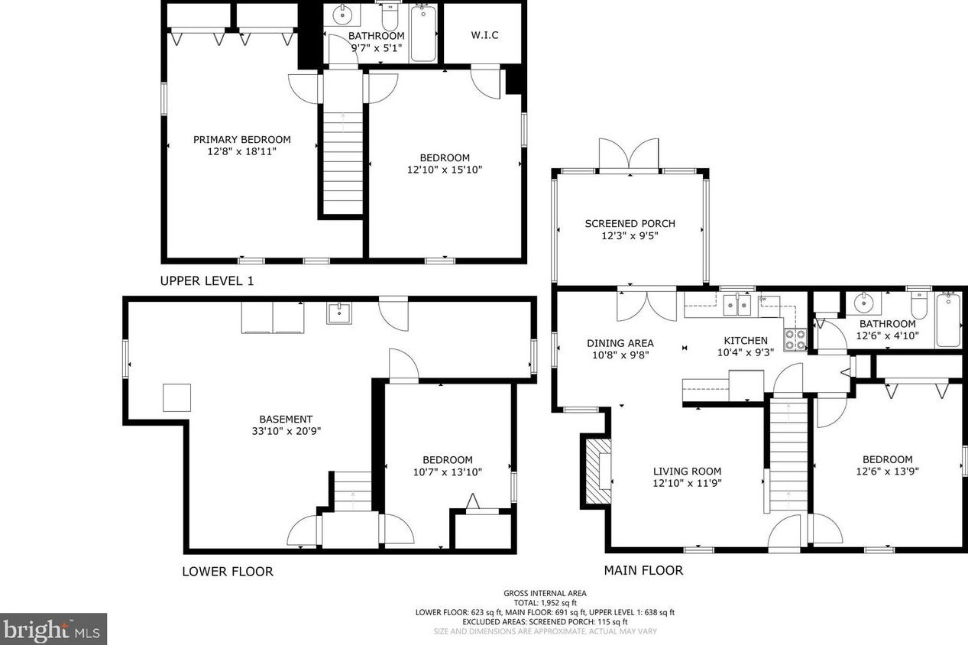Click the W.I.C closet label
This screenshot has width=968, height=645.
tap(484, 35)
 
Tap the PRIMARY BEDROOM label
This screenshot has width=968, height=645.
tap(241, 140)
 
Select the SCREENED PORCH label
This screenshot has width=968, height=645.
tap(630, 223)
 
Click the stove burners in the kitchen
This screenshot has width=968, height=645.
tap(795, 340)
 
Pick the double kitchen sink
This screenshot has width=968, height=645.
tap(737, 305)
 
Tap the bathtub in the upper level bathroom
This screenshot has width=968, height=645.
tap(423, 34)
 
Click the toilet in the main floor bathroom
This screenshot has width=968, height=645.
tap(919, 305)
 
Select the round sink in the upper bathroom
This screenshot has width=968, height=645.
tap(342, 16)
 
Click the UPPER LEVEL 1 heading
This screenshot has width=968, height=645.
tap(206, 281)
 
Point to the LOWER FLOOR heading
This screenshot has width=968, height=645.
tap(228, 572)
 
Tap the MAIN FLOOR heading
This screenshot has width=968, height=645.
tap(643, 570)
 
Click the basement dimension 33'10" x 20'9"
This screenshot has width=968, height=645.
tap(286, 431)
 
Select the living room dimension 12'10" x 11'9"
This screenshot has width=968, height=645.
tap(687, 483)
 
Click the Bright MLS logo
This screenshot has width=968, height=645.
tap(53, 630)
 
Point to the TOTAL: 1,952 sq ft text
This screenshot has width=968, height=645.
tap(545, 603)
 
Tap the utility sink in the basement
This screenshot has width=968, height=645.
tap(338, 313)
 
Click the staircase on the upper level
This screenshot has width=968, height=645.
tap(343, 163)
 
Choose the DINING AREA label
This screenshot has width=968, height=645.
tap(620, 343)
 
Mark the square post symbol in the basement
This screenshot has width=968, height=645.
tap(176, 397)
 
